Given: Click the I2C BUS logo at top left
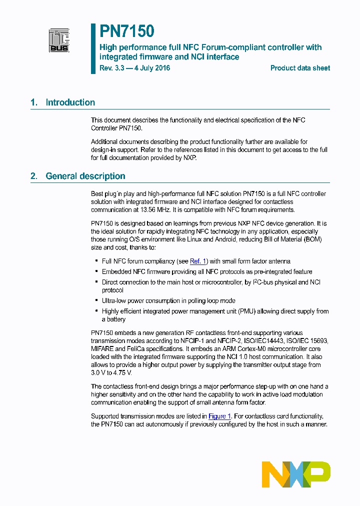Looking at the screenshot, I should [x=59, y=40].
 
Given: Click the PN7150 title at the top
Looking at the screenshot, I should [x=126, y=31].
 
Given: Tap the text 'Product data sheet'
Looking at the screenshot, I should [x=300, y=68].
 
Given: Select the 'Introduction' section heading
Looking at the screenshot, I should [x=70, y=102].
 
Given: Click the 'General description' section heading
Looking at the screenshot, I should [x=85, y=176].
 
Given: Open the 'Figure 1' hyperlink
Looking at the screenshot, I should [x=219, y=416].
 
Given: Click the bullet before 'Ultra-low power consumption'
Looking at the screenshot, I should [x=96, y=301].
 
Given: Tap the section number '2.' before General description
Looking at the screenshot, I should [x=33, y=176].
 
